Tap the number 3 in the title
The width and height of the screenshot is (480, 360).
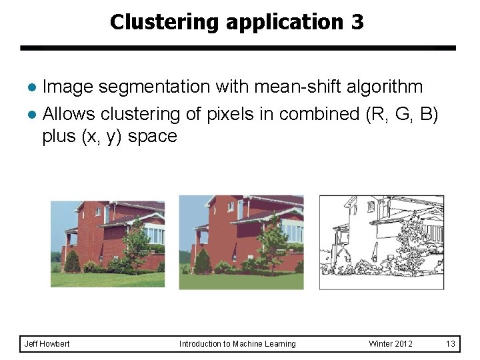357,22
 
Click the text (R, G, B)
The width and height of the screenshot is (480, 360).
402,114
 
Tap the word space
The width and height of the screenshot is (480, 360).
153,137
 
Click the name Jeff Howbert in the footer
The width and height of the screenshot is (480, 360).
47,344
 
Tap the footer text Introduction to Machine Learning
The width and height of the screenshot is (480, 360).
237,344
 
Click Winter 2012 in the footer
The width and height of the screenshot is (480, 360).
391,344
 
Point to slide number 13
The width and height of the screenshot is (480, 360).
451,344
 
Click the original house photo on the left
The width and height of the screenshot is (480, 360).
107,244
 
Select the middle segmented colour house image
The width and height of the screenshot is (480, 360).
241,242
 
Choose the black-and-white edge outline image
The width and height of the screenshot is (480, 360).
381,242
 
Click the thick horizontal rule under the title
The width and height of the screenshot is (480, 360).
238,48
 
